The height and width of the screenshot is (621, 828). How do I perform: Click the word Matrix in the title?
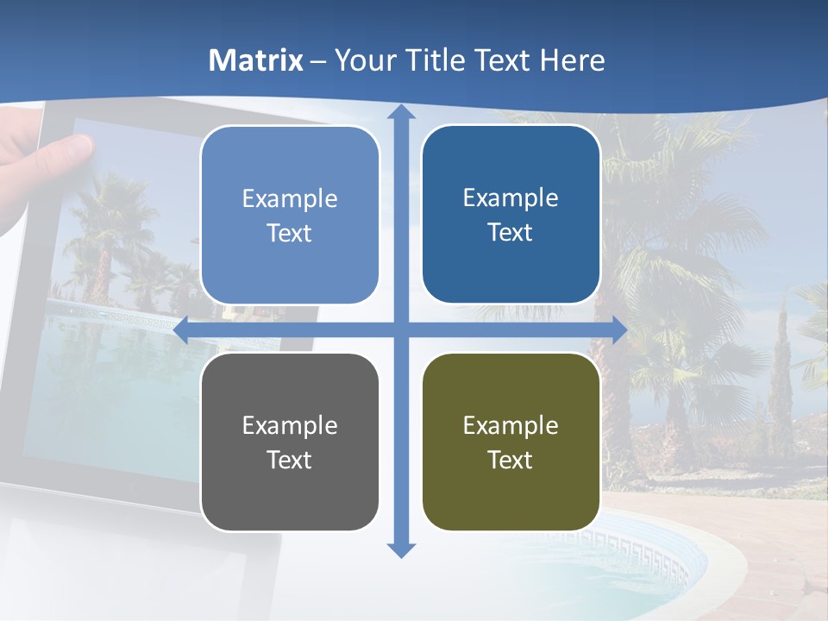click(256, 60)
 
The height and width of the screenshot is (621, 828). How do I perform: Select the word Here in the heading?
click(573, 60)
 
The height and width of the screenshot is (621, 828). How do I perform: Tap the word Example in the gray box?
click(289, 425)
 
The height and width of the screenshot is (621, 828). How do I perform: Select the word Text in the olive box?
click(511, 460)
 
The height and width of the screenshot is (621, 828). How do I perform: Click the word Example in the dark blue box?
click(511, 198)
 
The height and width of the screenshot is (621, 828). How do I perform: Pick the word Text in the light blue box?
click(289, 233)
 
